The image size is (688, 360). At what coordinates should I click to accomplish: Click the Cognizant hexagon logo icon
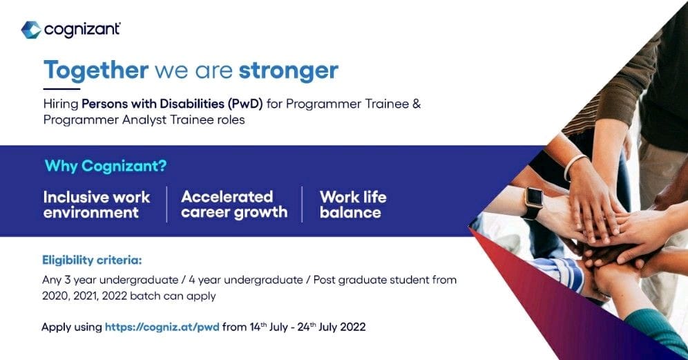pyautogui.click(x=31, y=30)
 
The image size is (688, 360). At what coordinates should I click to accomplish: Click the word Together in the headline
pyautogui.click(x=96, y=70)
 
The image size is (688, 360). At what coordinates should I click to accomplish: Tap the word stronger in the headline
pyautogui.click(x=289, y=70)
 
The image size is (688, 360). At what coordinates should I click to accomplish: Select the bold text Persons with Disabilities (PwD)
pyautogui.click(x=172, y=104)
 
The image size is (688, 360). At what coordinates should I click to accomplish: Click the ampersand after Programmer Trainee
pyautogui.click(x=417, y=104)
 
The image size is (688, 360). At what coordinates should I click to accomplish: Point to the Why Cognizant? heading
pyautogui.click(x=106, y=166)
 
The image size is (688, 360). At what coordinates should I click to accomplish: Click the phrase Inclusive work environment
pyautogui.click(x=97, y=205)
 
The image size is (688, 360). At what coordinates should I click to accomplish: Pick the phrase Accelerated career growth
pyautogui.click(x=234, y=205)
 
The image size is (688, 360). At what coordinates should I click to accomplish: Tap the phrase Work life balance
pyautogui.click(x=353, y=205)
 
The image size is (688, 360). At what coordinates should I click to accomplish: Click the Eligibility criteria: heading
pyautogui.click(x=92, y=260)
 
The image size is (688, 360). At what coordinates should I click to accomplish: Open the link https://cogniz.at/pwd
pyautogui.click(x=162, y=327)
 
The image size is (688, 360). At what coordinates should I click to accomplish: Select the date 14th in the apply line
pyautogui.click(x=258, y=327)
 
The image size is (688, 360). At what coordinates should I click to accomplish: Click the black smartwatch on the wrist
pyautogui.click(x=533, y=202)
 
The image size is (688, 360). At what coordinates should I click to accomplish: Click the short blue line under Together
pyautogui.click(x=62, y=89)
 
